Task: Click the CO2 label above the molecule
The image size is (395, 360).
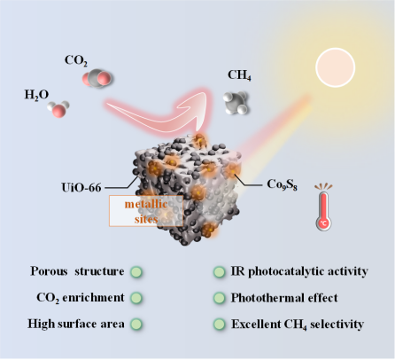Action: click(76, 61)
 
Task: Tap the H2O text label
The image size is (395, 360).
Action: click(36, 95)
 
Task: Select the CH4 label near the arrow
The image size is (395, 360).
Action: click(239, 75)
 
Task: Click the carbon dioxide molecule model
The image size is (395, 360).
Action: click(97, 78)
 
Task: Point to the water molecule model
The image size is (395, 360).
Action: click(58, 109)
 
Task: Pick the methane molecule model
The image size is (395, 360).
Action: click(236, 102)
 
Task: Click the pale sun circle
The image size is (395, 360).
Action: click(335, 67)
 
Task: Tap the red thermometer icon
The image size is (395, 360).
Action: click(323, 207)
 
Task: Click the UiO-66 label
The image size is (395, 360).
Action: click(81, 188)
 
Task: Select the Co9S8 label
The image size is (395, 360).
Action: click(282, 184)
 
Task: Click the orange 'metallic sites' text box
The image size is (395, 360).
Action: click(146, 211)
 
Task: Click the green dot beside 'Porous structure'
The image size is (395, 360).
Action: click(136, 272)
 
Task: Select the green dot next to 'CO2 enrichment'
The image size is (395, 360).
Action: click(136, 298)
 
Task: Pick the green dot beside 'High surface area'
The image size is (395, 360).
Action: click(136, 325)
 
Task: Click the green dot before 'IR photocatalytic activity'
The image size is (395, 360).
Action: click(219, 272)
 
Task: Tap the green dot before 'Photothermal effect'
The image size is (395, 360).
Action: click(219, 298)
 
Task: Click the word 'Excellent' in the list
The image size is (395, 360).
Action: click(256, 325)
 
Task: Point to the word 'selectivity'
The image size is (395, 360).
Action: click(337, 325)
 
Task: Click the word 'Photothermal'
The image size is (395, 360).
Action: click(267, 298)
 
